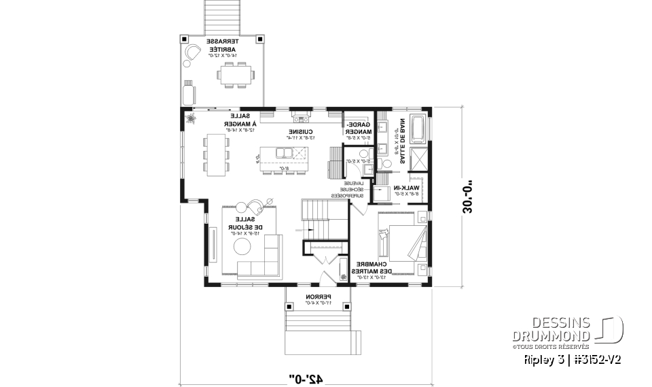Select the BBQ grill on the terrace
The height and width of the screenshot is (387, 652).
tap(188, 91)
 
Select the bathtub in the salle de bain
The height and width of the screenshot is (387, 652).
tap(417, 129)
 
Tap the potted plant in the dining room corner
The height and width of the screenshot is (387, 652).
tap(191, 120)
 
